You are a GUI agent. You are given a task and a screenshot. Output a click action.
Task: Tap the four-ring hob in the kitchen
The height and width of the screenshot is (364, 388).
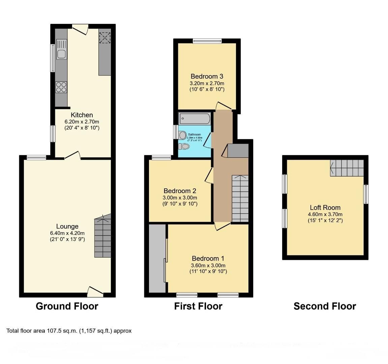click(x=61, y=87)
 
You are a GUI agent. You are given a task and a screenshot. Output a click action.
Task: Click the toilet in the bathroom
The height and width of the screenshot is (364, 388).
click(x=184, y=147)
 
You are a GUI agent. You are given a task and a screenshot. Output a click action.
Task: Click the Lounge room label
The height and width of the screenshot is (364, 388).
click(x=67, y=226)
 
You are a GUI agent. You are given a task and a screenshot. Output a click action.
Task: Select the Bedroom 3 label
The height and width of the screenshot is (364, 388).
click(x=207, y=77)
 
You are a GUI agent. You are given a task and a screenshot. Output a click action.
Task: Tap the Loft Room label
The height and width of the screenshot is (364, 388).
click(x=325, y=208)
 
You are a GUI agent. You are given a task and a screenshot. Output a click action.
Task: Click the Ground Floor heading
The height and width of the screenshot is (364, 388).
click(x=67, y=306)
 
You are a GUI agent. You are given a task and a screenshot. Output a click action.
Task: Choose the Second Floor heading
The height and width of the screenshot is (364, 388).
click(x=325, y=306)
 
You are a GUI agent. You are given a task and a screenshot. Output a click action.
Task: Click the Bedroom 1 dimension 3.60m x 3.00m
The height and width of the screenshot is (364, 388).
click(x=208, y=265)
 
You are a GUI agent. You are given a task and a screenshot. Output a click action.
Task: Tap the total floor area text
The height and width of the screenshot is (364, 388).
click(x=69, y=331)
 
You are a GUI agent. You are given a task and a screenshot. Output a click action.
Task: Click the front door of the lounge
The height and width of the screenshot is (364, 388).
click(x=95, y=292)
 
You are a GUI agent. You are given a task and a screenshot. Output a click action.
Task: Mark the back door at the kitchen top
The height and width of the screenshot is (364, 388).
click(x=80, y=30)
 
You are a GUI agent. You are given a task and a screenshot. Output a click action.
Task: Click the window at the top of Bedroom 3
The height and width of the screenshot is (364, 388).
click(x=207, y=41)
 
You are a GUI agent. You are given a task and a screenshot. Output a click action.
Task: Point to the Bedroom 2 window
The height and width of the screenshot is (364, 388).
click(x=161, y=157)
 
